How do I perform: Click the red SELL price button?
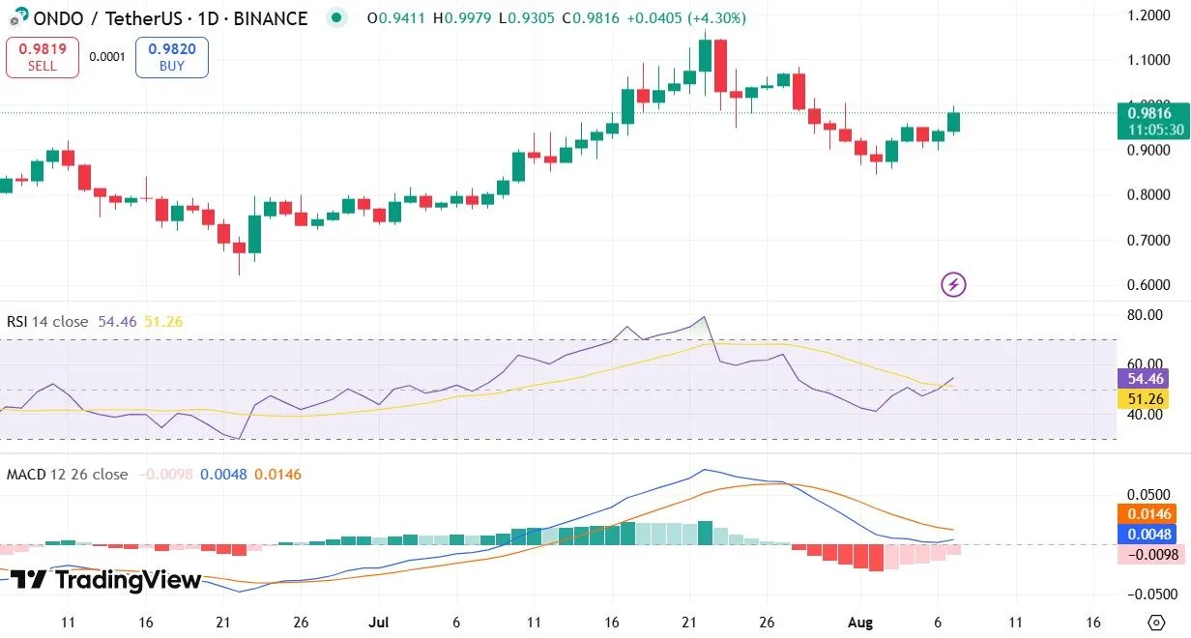42,57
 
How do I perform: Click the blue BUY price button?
172,57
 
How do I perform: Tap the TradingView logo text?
106,580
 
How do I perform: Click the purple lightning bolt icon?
953,284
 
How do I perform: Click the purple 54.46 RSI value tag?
1152,379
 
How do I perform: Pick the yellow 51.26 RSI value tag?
1152,399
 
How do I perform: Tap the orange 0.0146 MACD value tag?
1152,514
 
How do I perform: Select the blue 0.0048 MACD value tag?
1152,535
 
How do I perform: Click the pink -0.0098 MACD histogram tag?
1152,555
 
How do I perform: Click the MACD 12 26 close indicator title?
68,475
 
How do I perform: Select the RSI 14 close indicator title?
47,322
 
